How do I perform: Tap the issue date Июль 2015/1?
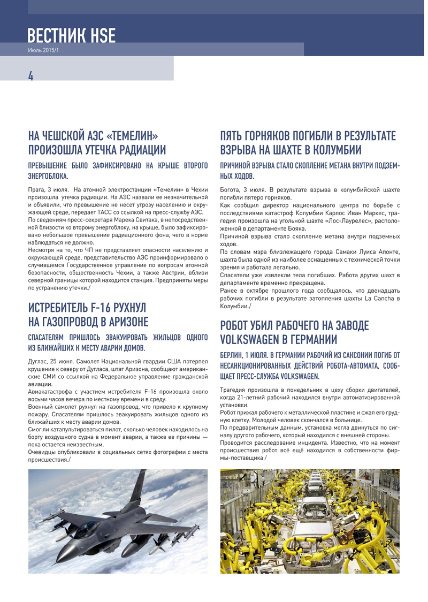pyautogui.click(x=42, y=50)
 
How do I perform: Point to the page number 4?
pyautogui.click(x=31, y=76)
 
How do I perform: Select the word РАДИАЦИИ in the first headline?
pyautogui.click(x=136, y=149)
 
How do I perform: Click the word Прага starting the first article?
pyautogui.click(x=36, y=190)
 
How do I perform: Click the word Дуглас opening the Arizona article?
pyautogui.click(x=38, y=361)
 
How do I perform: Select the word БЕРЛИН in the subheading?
pyautogui.click(x=232, y=355)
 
